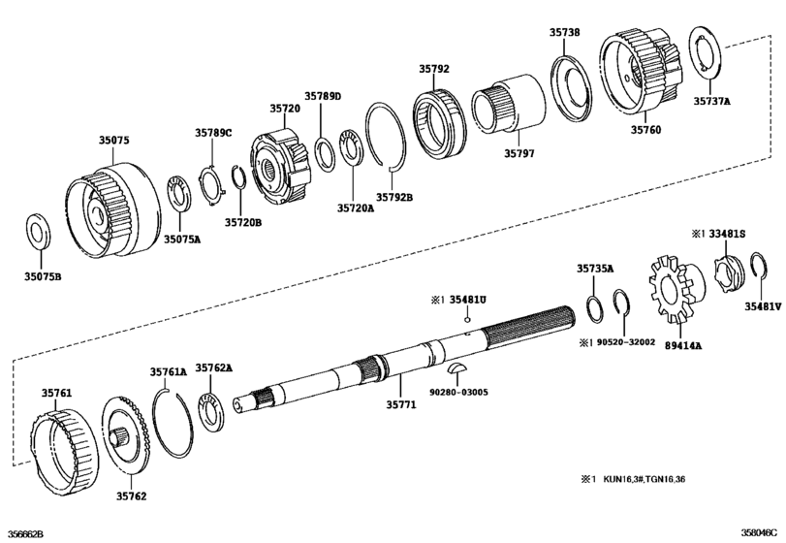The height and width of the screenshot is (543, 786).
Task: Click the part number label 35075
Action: coord(113,141)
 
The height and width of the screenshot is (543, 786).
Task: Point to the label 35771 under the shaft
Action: coord(400,404)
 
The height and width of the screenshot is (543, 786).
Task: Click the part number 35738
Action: coord(566,32)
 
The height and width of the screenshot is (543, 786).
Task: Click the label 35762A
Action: coord(214,367)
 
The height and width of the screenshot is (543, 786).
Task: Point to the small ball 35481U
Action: coord(466,319)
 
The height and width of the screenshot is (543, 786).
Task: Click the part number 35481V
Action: coord(763,306)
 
